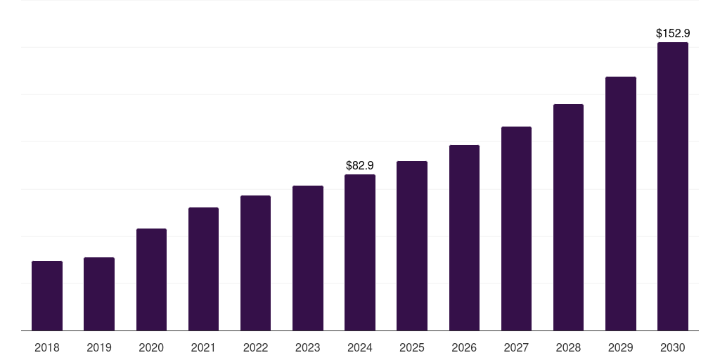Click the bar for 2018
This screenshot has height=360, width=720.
[x=47, y=295]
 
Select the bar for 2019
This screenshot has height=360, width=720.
[x=99, y=294]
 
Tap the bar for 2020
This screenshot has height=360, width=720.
[x=151, y=279]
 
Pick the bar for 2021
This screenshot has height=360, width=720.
[x=203, y=269]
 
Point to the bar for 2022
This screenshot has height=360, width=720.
[x=255, y=263]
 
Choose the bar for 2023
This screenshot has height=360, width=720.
[x=308, y=258]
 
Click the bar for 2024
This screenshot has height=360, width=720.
[x=360, y=252]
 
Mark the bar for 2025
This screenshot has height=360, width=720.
[x=412, y=245]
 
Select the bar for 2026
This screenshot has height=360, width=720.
[x=464, y=238]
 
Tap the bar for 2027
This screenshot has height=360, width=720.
[x=516, y=229]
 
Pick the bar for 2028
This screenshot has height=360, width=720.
[x=568, y=217]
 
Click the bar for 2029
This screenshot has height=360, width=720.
[x=620, y=203]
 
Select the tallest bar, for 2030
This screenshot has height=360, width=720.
[x=673, y=186]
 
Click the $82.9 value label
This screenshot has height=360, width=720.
[x=360, y=166]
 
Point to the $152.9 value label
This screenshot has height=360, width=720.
[x=673, y=33]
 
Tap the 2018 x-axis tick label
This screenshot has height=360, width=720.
[x=47, y=347]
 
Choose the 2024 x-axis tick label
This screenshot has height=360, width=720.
[x=360, y=347]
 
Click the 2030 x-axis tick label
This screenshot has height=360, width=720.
[x=673, y=347]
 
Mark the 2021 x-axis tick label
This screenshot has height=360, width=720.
[x=203, y=347]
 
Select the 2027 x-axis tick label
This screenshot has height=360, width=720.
[x=516, y=347]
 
